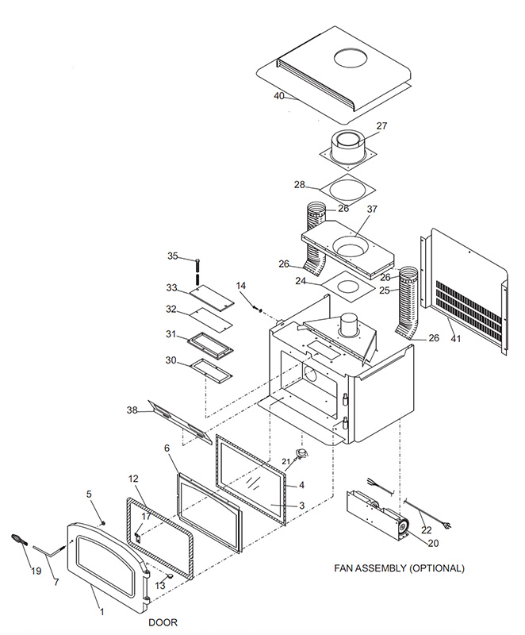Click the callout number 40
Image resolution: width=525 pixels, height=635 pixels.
279,96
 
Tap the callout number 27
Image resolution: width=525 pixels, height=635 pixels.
381,126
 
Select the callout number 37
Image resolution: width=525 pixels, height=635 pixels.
372,209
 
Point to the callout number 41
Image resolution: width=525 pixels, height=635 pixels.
456,338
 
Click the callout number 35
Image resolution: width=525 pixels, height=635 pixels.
173,256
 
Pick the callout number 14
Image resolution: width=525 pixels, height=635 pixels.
241,286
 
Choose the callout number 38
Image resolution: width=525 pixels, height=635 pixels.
132,410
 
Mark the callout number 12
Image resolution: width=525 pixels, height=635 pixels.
133,479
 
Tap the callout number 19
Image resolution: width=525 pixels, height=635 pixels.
36,571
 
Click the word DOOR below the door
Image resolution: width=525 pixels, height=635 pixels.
163,622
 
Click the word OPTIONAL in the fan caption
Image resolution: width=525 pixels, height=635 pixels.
437,568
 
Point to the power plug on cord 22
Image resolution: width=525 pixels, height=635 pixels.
447,525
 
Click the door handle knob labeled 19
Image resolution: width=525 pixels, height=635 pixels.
17,540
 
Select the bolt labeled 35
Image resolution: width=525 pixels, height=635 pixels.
197,268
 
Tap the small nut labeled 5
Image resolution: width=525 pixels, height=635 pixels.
103,523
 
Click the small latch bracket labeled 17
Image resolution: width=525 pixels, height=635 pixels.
138,537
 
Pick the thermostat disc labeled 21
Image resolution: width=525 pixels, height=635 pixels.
301,453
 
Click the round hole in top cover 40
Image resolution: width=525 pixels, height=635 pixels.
351,57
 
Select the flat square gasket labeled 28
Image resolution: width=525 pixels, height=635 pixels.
347,190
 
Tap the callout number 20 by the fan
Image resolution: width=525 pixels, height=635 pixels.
433,543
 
